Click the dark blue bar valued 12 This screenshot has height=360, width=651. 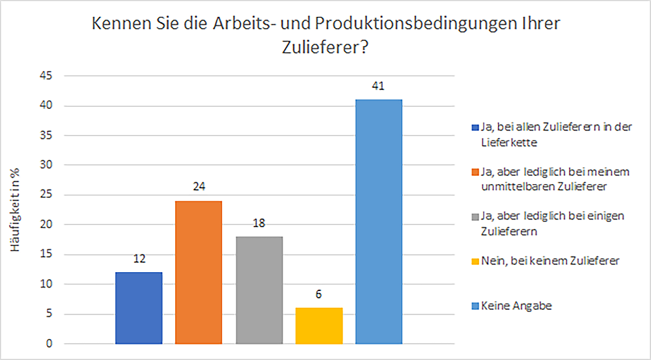click(139, 307)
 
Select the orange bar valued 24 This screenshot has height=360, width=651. click(199, 272)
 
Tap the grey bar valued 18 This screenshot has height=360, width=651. click(259, 290)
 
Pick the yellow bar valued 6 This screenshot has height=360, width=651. click(319, 325)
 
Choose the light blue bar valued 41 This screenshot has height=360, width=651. click(379, 221)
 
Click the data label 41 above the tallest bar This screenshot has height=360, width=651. click(379, 86)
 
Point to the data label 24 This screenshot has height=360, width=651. click(199, 187)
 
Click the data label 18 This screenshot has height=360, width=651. click(259, 223)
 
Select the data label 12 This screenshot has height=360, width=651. click(139, 259)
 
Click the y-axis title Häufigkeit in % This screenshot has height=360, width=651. click(21, 210)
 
